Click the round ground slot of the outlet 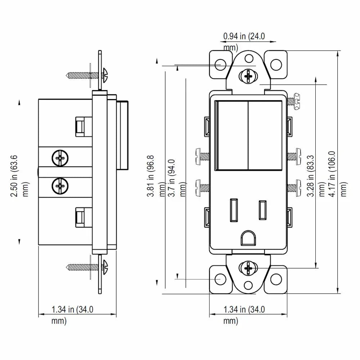[248, 237]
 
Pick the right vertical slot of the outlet [262, 209]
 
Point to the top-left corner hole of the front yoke [220, 65]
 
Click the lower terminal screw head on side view [60, 186]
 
